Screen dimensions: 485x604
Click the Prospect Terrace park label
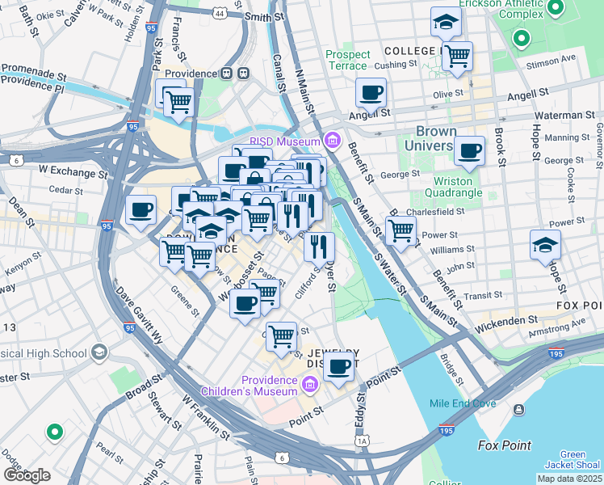pyautogui.click(x=348, y=60)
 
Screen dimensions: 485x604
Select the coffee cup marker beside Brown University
pyautogui.click(x=469, y=150)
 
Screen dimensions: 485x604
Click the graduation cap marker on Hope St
pyautogui.click(x=545, y=244)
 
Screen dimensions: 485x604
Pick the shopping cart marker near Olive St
pyautogui.click(x=457, y=57)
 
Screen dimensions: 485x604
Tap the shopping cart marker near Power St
pyautogui.click(x=401, y=230)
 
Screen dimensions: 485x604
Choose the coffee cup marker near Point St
pyautogui.click(x=340, y=365)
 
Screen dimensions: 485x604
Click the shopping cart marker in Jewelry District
pyautogui.click(x=281, y=335)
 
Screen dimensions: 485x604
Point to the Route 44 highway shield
pyautogui.click(x=220, y=14)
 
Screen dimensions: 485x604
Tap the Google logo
pyautogui.click(x=26, y=475)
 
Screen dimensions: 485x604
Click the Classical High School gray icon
pyautogui.click(x=99, y=352)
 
